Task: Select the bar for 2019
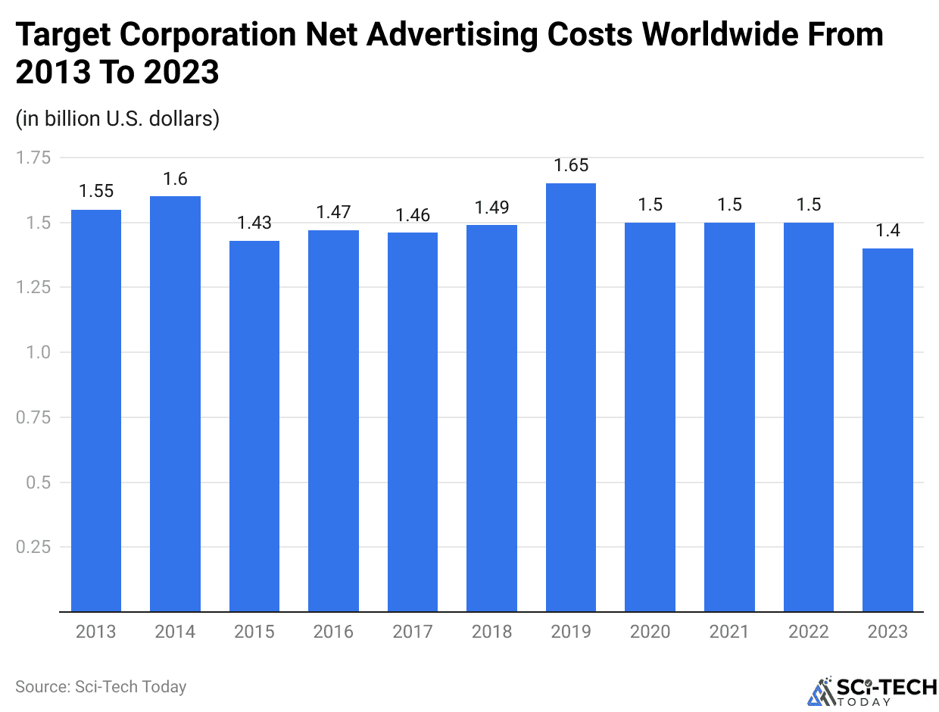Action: point(571,397)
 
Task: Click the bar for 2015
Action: point(254,426)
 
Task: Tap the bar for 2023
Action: point(888,429)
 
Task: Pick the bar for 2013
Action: point(96,410)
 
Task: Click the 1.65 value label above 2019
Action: point(571,166)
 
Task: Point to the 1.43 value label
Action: point(254,223)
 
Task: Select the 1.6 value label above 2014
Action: point(175,179)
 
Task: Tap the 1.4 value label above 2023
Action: point(888,231)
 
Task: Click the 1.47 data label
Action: point(333,213)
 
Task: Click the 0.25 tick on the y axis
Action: point(33,547)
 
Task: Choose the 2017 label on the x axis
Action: point(413,632)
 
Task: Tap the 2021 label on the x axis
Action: point(729,632)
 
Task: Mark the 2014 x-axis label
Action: point(175,632)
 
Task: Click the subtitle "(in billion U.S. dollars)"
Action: point(117,119)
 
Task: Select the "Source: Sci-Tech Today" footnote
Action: point(101,687)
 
